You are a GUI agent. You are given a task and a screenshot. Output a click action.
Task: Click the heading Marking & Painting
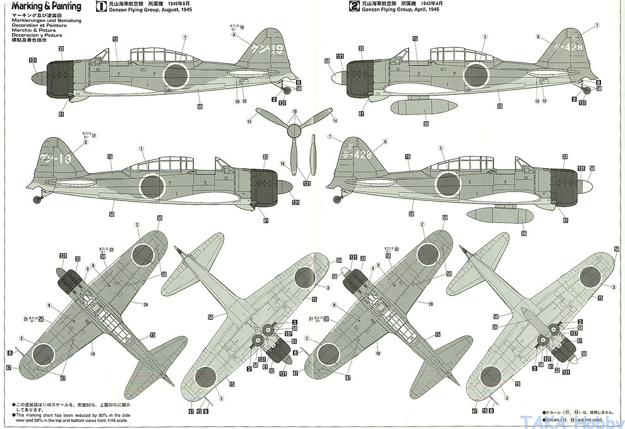pos(42,6)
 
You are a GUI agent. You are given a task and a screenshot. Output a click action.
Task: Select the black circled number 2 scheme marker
pos(355,7)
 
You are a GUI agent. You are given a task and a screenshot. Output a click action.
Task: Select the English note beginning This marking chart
pos(69,416)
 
